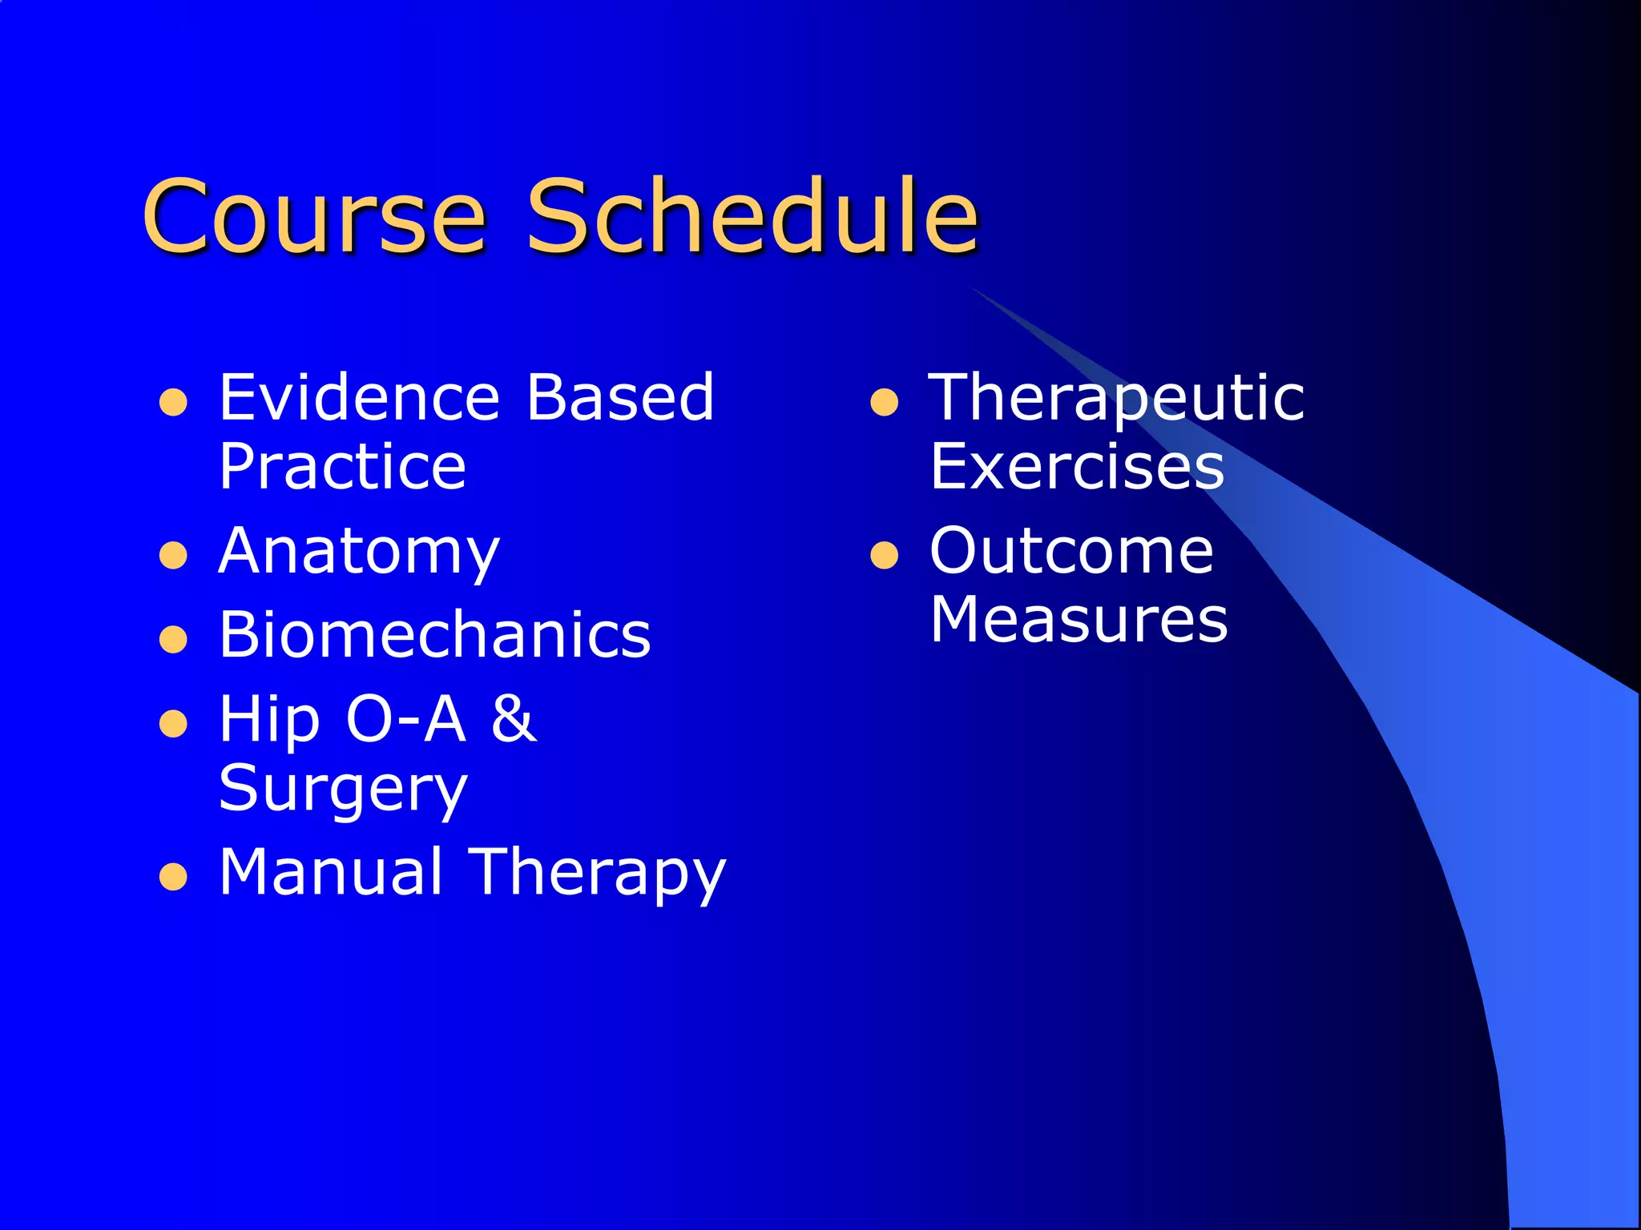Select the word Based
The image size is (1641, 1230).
[619, 397]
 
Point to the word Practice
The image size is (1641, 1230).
[342, 467]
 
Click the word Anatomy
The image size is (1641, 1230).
[359, 553]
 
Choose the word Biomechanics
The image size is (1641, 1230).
[435, 635]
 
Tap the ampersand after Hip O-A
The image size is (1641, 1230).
[514, 718]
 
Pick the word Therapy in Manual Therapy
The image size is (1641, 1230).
[597, 873]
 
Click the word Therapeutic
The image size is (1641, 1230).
[1116, 399]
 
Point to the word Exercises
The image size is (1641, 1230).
[1077, 467]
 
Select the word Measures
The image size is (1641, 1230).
[1079, 620]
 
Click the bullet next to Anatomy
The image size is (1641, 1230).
[173, 555]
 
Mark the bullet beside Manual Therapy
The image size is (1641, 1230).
[173, 877]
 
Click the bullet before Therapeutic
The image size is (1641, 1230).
[884, 402]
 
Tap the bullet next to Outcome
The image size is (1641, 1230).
[884, 555]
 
